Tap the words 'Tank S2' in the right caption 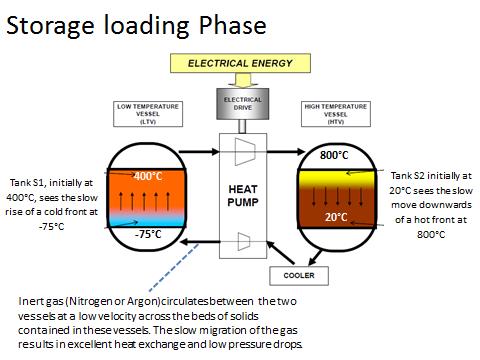[x=411, y=175]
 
